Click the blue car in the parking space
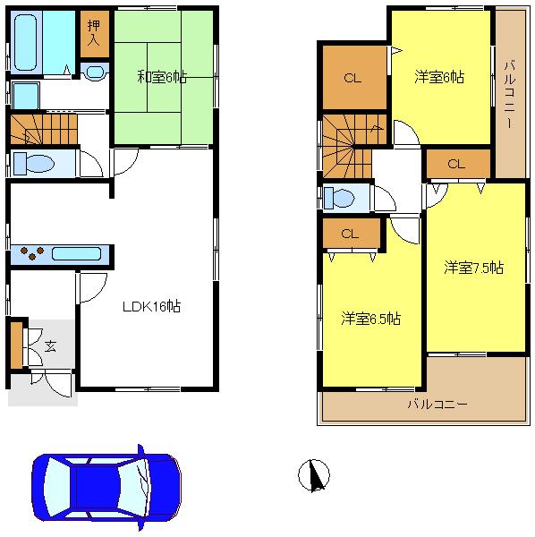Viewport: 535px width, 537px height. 106,485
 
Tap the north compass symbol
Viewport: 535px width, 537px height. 314,474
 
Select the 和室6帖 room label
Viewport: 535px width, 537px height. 162,76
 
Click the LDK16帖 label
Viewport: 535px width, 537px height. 152,306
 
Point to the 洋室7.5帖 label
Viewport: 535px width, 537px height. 474,268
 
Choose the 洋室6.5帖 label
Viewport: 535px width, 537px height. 370,318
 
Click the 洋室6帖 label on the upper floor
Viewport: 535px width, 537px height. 438,77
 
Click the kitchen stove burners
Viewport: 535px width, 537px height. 31,252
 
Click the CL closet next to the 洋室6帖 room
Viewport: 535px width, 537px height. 352,78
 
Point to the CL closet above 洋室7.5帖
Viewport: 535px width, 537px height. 456,164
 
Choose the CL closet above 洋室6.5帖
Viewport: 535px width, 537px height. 349,234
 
